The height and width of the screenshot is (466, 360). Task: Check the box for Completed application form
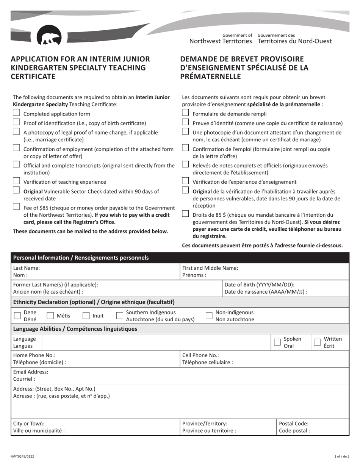16,113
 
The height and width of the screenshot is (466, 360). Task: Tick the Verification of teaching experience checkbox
16,181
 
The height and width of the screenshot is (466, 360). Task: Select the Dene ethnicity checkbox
17,316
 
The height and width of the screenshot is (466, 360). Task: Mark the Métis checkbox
50,316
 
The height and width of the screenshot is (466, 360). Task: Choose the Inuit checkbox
86,316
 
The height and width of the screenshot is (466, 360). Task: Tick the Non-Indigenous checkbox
209,316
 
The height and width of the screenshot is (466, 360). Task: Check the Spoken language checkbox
277,342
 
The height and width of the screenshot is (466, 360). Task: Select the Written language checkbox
318,342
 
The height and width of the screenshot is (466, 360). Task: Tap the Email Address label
31,372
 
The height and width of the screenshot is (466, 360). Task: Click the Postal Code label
294,424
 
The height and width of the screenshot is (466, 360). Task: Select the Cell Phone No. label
200,355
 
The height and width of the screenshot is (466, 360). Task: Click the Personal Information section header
81,258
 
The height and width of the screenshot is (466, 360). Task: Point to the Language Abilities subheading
75,329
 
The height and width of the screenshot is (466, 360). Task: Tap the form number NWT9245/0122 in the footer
22,457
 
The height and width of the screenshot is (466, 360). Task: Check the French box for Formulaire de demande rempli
185,113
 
